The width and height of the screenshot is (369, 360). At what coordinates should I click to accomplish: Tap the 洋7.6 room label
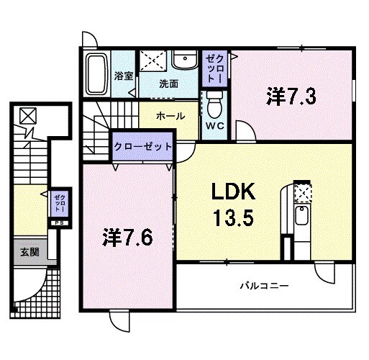127,236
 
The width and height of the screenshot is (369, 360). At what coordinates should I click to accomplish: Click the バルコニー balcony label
264,286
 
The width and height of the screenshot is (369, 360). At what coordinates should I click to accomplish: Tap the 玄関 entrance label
29,252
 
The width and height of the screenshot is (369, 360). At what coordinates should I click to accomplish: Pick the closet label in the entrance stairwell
58,203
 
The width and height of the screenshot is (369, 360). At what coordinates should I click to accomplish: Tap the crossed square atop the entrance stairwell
27,115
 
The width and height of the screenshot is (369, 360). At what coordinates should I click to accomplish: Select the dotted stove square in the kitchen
303,193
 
